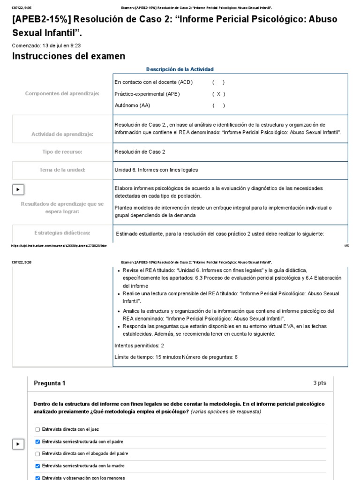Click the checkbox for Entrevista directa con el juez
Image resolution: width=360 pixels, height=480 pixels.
[x=37, y=429]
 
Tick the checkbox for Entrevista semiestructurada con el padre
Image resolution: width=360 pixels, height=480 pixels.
[x=37, y=442]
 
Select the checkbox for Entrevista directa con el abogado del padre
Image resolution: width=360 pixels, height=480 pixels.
[x=37, y=454]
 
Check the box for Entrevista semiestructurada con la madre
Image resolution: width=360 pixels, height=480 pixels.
[x=37, y=466]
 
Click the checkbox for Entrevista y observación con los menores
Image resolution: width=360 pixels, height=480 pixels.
[x=37, y=478]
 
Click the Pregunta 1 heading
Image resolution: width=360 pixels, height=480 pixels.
[x=50, y=383]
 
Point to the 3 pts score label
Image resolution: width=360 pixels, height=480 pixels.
[x=320, y=383]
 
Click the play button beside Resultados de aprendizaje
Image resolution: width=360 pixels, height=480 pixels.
[x=18, y=189]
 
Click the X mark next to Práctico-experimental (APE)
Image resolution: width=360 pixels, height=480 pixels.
[x=218, y=94]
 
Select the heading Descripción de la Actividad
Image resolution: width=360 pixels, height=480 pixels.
[x=180, y=69]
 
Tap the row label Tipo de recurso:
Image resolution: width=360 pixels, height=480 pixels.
[x=62, y=152]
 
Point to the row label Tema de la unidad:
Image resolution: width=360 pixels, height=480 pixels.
[x=62, y=170]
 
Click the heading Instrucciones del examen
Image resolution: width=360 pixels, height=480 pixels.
[x=68, y=56]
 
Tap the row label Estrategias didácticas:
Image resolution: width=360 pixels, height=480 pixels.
[x=62, y=233]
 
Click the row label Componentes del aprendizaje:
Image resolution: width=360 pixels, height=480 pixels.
[x=62, y=94]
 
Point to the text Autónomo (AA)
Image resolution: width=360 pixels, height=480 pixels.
[x=132, y=105]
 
